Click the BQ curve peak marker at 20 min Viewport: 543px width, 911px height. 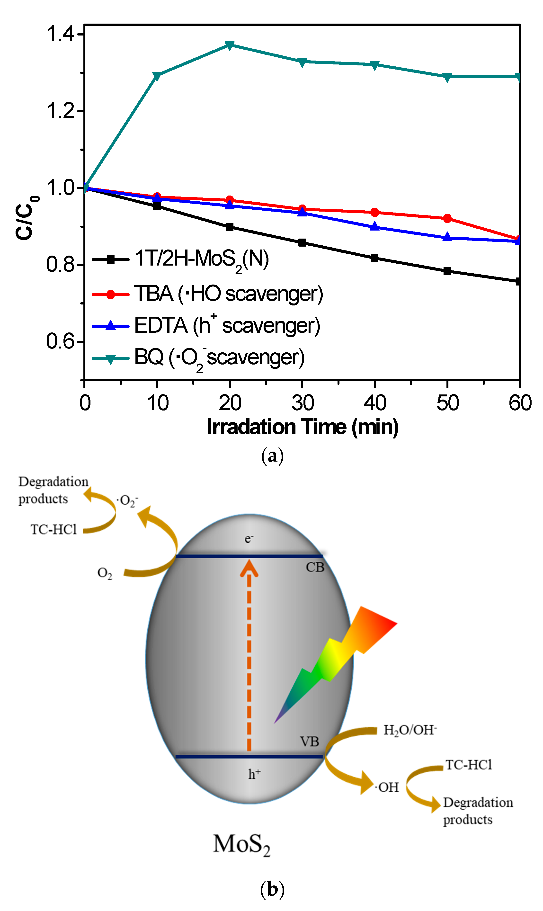point(229,45)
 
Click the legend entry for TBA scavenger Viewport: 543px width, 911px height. point(228,294)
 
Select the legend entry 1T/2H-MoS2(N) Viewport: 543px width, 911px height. point(201,259)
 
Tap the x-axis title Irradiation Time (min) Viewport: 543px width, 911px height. point(302,427)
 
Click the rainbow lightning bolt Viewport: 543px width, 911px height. point(335,659)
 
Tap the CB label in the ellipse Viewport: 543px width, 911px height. point(315,567)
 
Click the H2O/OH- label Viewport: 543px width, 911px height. point(410,730)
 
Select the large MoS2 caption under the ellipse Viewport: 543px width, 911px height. point(241,845)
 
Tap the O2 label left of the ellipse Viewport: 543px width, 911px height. point(105,573)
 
